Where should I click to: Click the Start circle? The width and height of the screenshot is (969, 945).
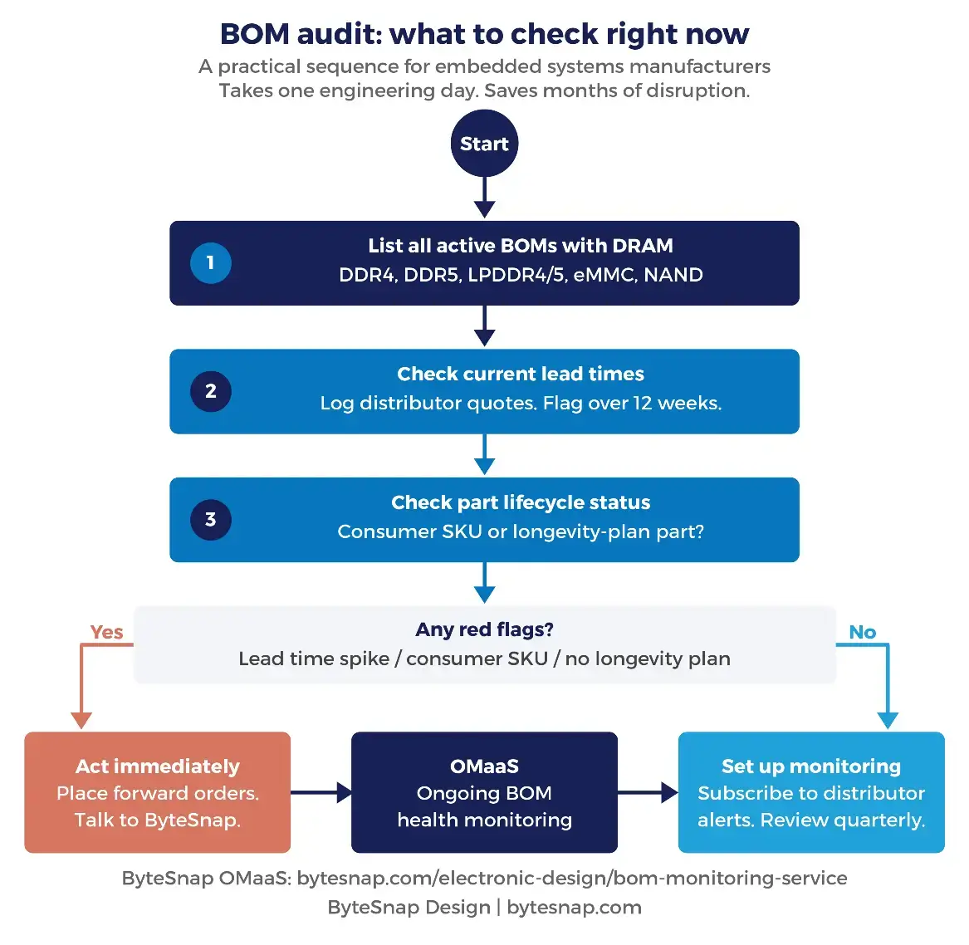point(484,144)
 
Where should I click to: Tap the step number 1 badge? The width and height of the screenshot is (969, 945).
point(210,262)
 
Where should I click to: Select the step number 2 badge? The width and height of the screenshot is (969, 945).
point(210,391)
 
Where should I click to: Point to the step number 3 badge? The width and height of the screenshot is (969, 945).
point(210,520)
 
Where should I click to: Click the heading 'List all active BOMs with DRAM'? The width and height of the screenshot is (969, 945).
point(521,246)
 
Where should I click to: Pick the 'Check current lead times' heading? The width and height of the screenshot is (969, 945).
point(521,374)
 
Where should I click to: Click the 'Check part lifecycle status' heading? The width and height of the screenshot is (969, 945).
point(521,502)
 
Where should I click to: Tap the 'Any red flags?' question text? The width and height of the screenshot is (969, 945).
point(484,629)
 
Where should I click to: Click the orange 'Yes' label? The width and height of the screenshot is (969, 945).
point(106,632)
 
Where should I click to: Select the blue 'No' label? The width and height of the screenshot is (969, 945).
point(862,632)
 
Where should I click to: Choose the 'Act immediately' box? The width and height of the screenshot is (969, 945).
point(158,792)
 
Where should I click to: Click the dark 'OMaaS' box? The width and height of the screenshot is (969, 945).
point(484,792)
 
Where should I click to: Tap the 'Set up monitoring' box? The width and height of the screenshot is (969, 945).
point(811,792)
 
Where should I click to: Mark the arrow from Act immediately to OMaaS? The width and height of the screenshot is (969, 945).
point(321,792)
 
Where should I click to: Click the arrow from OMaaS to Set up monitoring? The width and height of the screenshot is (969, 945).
point(648,792)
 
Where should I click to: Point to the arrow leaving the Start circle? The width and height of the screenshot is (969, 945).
point(484,198)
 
